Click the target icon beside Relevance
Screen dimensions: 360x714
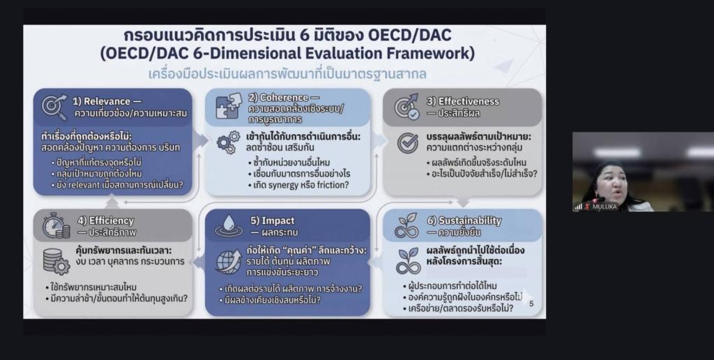[x=54, y=107]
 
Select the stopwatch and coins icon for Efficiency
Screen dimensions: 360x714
[x=54, y=226]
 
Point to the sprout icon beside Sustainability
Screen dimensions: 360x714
[x=407, y=226]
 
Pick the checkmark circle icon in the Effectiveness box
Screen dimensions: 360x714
[x=407, y=142]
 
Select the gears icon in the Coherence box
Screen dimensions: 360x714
[x=228, y=142]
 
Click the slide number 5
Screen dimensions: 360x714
[x=531, y=303]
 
